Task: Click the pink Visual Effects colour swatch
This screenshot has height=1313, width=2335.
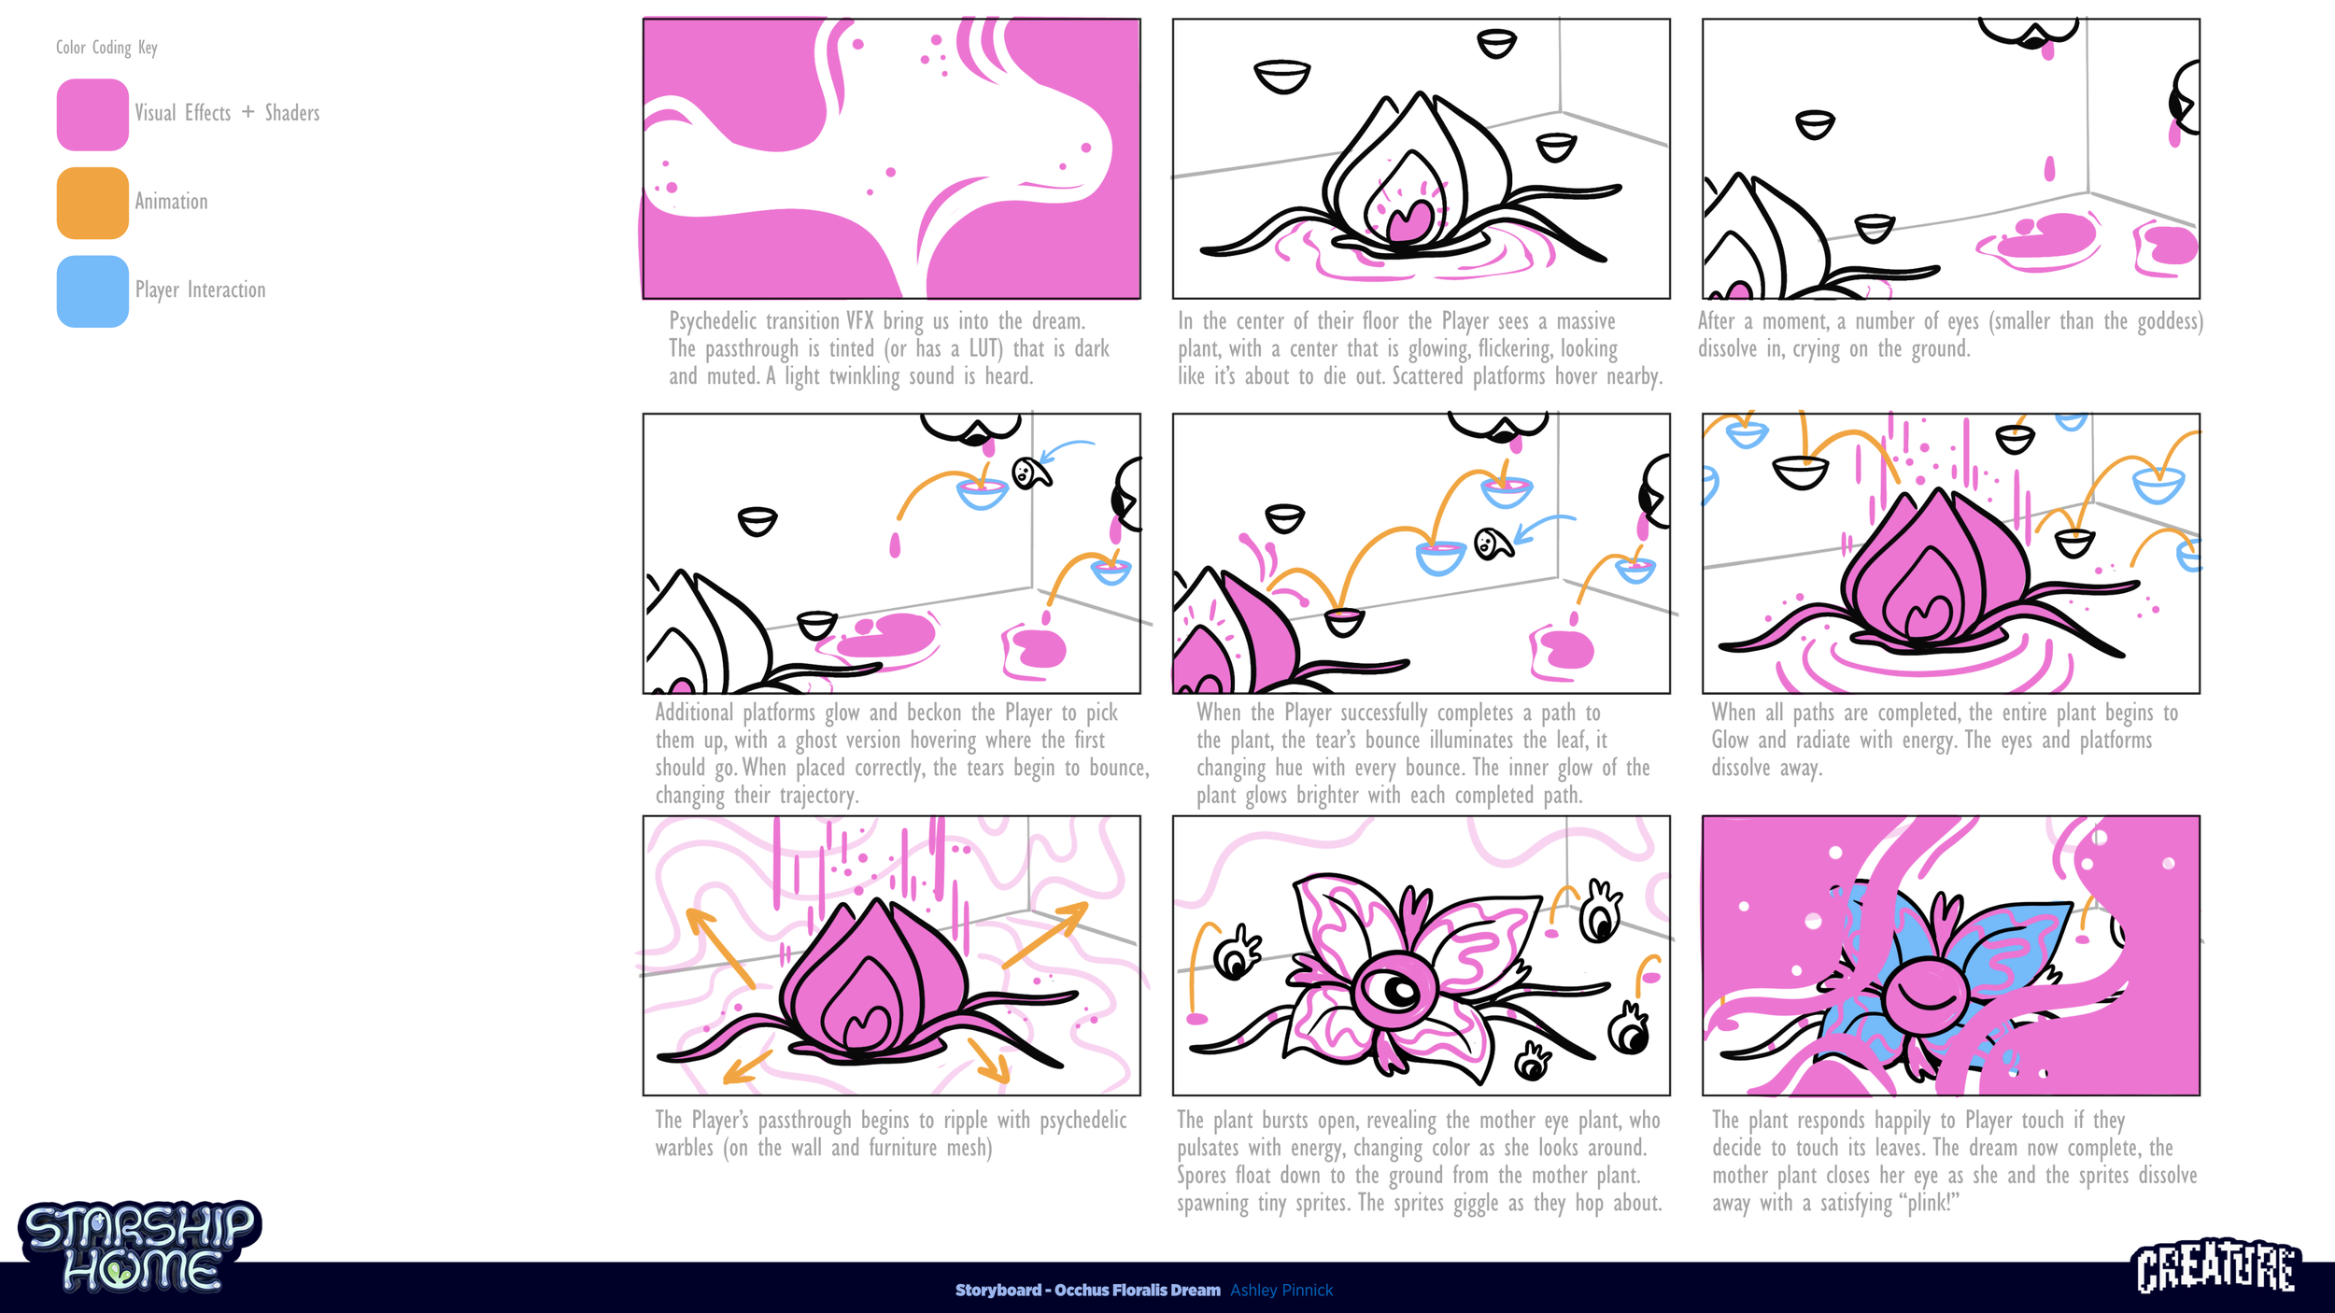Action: click(92, 114)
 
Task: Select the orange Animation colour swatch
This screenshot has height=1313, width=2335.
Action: click(92, 203)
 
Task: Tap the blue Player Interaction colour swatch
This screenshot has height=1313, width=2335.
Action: click(92, 291)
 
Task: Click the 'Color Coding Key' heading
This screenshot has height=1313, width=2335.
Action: click(106, 48)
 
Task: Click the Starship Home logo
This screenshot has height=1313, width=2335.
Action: click(140, 1247)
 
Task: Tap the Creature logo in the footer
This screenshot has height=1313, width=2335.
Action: click(2216, 1267)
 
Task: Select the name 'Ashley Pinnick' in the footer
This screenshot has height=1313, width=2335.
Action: click(1281, 1290)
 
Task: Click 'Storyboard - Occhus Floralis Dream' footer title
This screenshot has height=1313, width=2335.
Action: click(1087, 1290)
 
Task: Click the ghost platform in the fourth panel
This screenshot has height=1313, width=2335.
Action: click(1031, 473)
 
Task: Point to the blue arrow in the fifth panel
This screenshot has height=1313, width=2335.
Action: click(1541, 528)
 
